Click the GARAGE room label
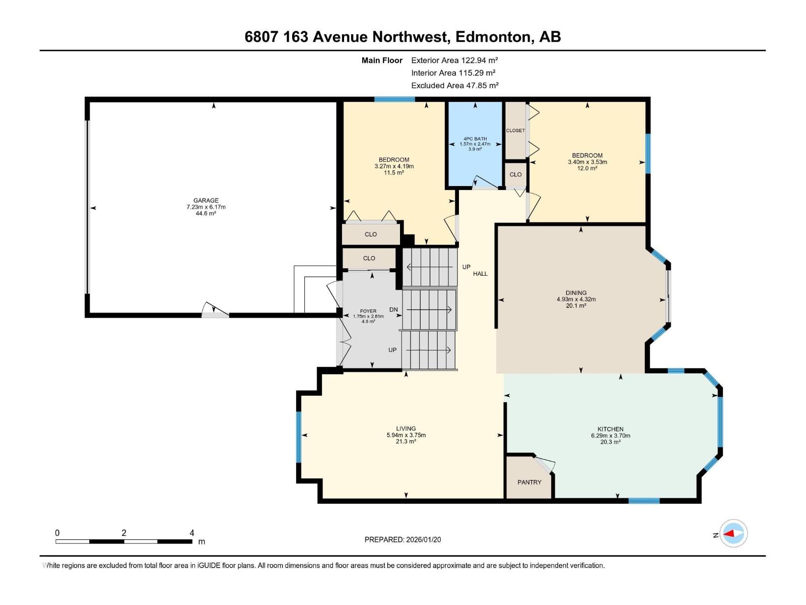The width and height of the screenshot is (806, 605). click(x=206, y=200)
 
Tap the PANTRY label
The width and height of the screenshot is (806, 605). click(x=529, y=482)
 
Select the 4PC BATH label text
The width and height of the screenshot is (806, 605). click(x=475, y=139)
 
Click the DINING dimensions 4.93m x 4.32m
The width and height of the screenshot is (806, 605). click(x=576, y=299)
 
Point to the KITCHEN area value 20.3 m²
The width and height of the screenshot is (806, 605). click(x=610, y=442)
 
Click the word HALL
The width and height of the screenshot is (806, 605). click(x=480, y=274)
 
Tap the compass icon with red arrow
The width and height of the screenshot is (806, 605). click(x=733, y=533)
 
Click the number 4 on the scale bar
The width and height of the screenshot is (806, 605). click(x=192, y=533)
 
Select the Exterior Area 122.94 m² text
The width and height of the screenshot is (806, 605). click(x=454, y=60)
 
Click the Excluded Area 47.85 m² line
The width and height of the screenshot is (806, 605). click(x=454, y=85)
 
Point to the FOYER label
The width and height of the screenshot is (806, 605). click(x=368, y=311)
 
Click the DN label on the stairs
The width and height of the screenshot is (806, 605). click(x=393, y=310)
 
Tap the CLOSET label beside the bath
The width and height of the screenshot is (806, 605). click(x=515, y=131)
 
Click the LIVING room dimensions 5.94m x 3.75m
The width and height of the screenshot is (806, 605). click(x=406, y=435)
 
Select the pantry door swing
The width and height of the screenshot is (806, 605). click(x=545, y=463)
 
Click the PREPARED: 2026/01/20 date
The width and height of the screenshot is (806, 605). click(x=402, y=539)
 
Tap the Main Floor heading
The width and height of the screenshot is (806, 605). click(x=382, y=60)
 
